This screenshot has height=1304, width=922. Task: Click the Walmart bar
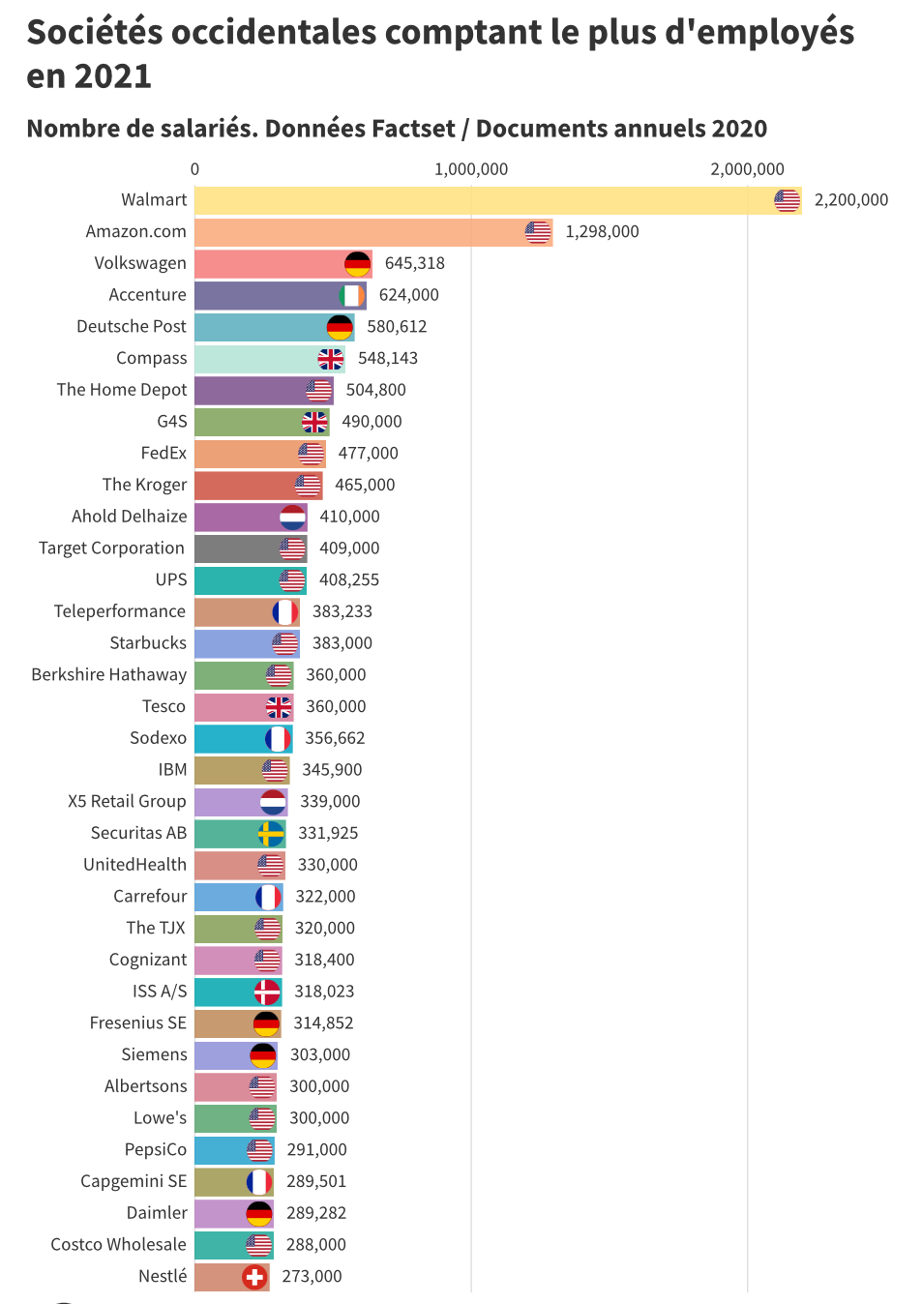pos(484,200)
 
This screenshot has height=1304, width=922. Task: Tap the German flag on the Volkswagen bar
pos(358,263)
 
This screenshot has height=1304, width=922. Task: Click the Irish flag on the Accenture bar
pos(352,295)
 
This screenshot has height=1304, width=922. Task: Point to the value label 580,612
pos(397,327)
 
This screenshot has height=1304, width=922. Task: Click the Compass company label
pos(152,358)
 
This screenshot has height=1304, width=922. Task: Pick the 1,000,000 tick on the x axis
pos(471,169)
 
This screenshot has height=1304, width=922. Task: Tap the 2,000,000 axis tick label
pos(747,169)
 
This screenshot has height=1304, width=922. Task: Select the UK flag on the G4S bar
pos(314,422)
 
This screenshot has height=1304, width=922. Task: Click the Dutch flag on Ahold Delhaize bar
pos(293,517)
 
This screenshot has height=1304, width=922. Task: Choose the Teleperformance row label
pos(120,611)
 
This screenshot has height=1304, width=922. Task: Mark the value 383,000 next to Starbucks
pos(342,643)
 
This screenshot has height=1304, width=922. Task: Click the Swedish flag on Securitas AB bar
pos(271,833)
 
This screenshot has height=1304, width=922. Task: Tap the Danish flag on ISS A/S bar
pos(267,992)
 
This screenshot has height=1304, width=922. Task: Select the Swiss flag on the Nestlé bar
pos(254,1277)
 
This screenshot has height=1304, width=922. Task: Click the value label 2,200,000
pos(851,200)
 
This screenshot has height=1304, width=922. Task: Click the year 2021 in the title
pos(113,76)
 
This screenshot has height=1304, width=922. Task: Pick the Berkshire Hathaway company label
pos(108,675)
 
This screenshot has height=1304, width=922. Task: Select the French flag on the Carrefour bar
pos(268,897)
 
